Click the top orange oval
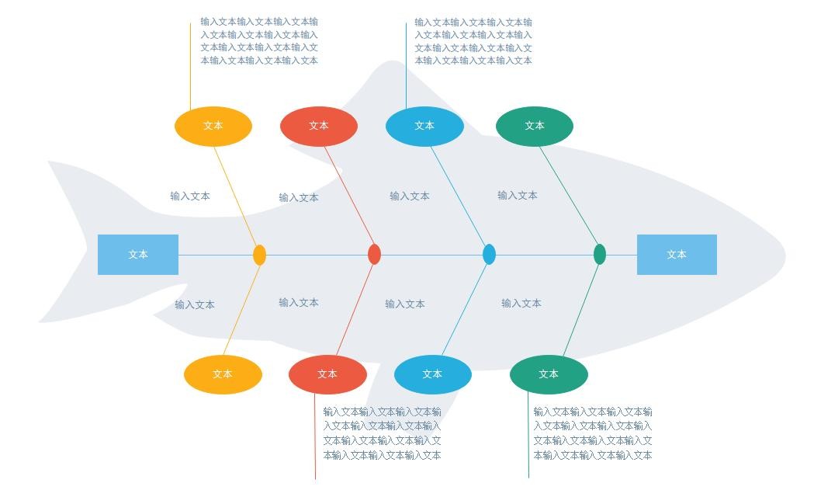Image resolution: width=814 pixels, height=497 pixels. click(213, 126)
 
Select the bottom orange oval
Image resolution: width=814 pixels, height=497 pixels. click(223, 374)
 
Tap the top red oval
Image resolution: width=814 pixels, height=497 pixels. click(319, 126)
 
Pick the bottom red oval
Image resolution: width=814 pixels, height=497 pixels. click(327, 374)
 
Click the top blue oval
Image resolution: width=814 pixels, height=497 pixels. click(424, 126)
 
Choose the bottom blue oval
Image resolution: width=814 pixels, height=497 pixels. click(433, 374)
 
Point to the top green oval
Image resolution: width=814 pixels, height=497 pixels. click(535, 126)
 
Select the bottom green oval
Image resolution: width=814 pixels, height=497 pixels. click(549, 374)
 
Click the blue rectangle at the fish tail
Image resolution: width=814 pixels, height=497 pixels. click(138, 255)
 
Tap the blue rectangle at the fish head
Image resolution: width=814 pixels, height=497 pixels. click(677, 255)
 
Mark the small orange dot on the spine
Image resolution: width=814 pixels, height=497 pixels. click(260, 255)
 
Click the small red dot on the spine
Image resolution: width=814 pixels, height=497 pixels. click(374, 254)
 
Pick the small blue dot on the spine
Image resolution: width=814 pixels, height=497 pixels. click(489, 254)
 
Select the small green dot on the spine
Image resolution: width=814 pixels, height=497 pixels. click(600, 254)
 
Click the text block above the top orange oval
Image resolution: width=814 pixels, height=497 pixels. click(259, 41)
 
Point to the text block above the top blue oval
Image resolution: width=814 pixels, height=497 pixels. click(473, 41)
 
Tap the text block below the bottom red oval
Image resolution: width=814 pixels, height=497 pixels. click(382, 433)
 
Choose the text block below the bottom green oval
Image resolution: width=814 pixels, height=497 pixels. click(593, 433)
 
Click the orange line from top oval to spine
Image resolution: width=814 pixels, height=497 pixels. click(234, 193)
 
